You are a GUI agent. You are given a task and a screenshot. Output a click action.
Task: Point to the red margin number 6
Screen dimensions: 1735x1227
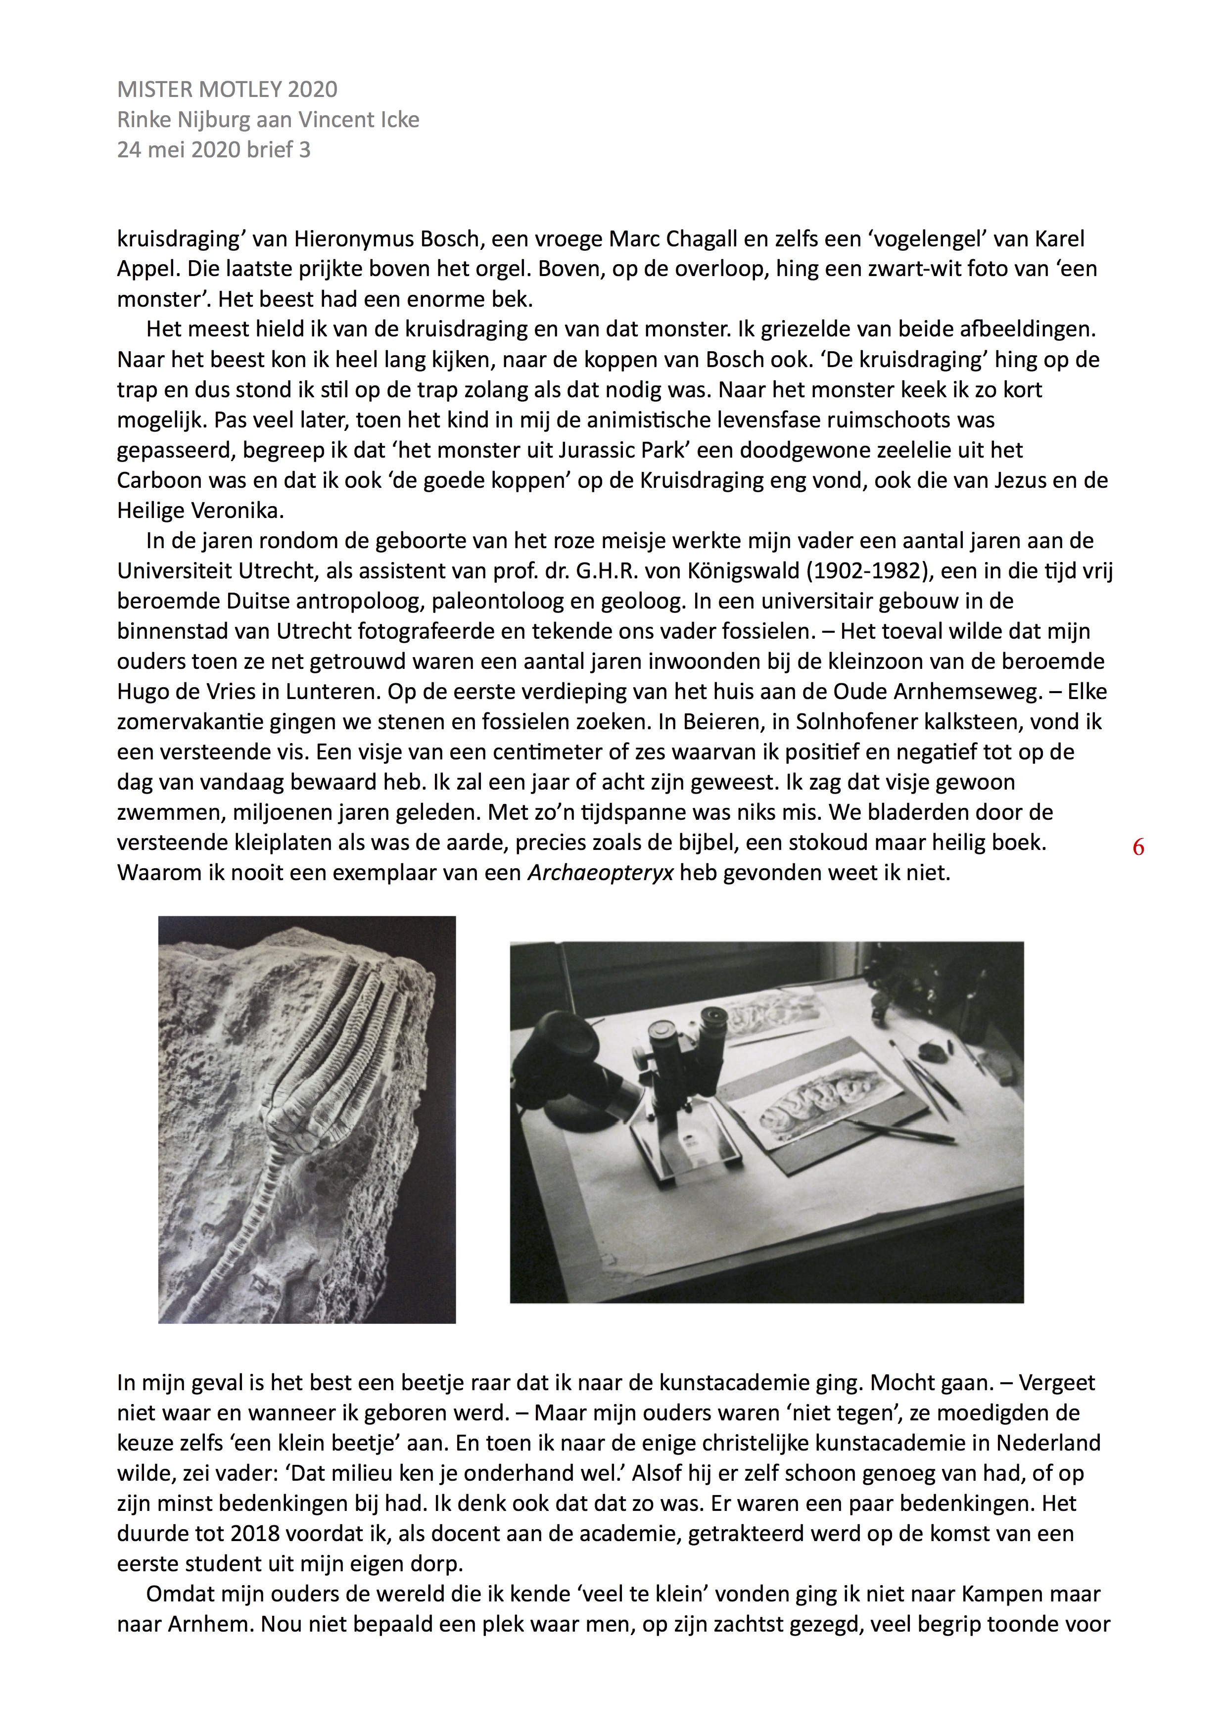click(1138, 848)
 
